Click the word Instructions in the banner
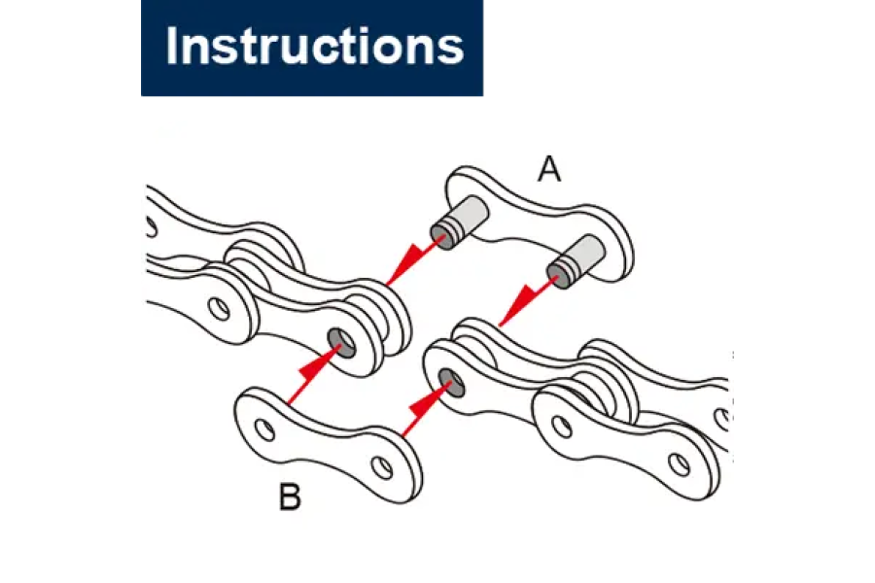313,46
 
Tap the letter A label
549,170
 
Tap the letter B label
290,498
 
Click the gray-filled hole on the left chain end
341,340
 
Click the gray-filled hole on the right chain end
451,379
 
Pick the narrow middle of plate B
326,435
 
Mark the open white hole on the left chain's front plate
223,308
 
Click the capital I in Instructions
172,47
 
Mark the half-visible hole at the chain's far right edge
723,418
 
